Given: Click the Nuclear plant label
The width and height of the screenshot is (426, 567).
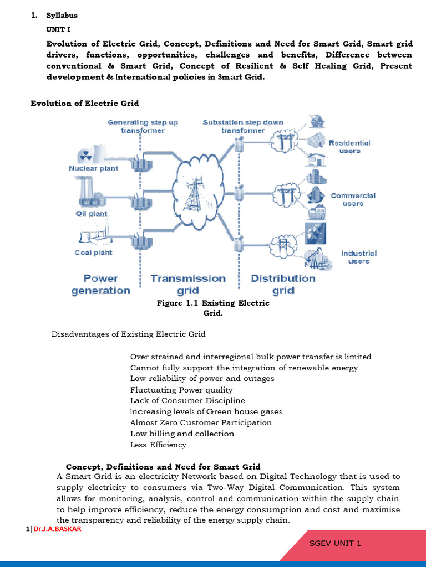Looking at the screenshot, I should click(93, 168).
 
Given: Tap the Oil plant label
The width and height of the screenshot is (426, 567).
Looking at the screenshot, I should click(92, 214).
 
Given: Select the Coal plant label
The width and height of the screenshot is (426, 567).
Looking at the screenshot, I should click(93, 252).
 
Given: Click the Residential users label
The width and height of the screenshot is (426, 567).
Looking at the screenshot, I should click(349, 147).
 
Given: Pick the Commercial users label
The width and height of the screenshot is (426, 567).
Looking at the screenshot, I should click(353, 199).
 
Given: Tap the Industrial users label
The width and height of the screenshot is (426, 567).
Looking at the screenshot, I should click(358, 257).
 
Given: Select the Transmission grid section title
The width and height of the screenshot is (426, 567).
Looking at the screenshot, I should click(188, 284).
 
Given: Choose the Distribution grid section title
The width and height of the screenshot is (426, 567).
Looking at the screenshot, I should click(283, 284).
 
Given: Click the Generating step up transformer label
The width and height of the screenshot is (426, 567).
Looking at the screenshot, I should click(143, 126).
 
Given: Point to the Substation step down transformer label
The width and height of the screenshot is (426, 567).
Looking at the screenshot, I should click(243, 126).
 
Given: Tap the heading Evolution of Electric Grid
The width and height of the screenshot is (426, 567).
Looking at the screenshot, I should click(84, 104).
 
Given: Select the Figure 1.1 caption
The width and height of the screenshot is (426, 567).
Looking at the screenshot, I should click(213, 308).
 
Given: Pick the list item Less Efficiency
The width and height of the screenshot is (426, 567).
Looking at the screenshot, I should click(158, 445).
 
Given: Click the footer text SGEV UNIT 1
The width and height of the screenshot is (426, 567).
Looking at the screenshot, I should click(335, 543).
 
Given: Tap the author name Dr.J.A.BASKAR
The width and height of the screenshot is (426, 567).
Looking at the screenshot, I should click(57, 529).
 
